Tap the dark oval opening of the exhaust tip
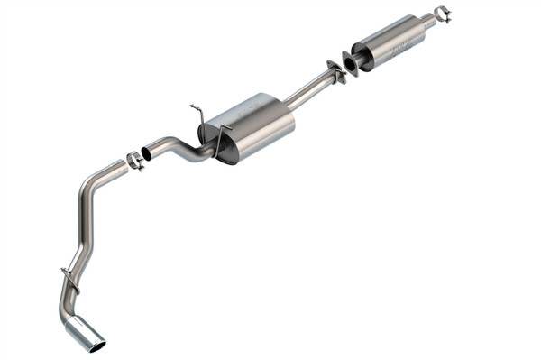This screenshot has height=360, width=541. click(x=96, y=344)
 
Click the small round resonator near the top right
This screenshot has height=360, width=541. click(x=390, y=42)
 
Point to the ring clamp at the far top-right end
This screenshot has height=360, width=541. click(x=441, y=14)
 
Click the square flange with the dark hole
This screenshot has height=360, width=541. click(x=351, y=62)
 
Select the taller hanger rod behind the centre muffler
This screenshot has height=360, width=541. click(x=196, y=114)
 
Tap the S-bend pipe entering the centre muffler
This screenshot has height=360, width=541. click(x=180, y=147)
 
